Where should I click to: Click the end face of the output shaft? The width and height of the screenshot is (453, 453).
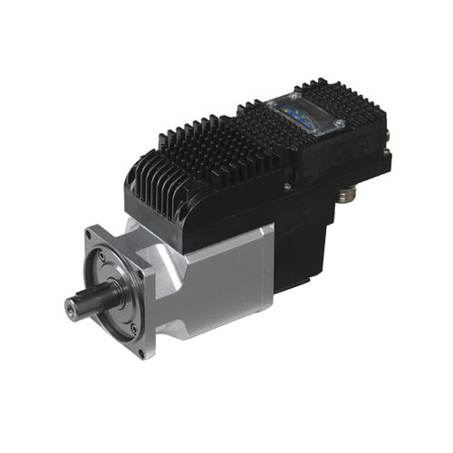click(72, 306)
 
